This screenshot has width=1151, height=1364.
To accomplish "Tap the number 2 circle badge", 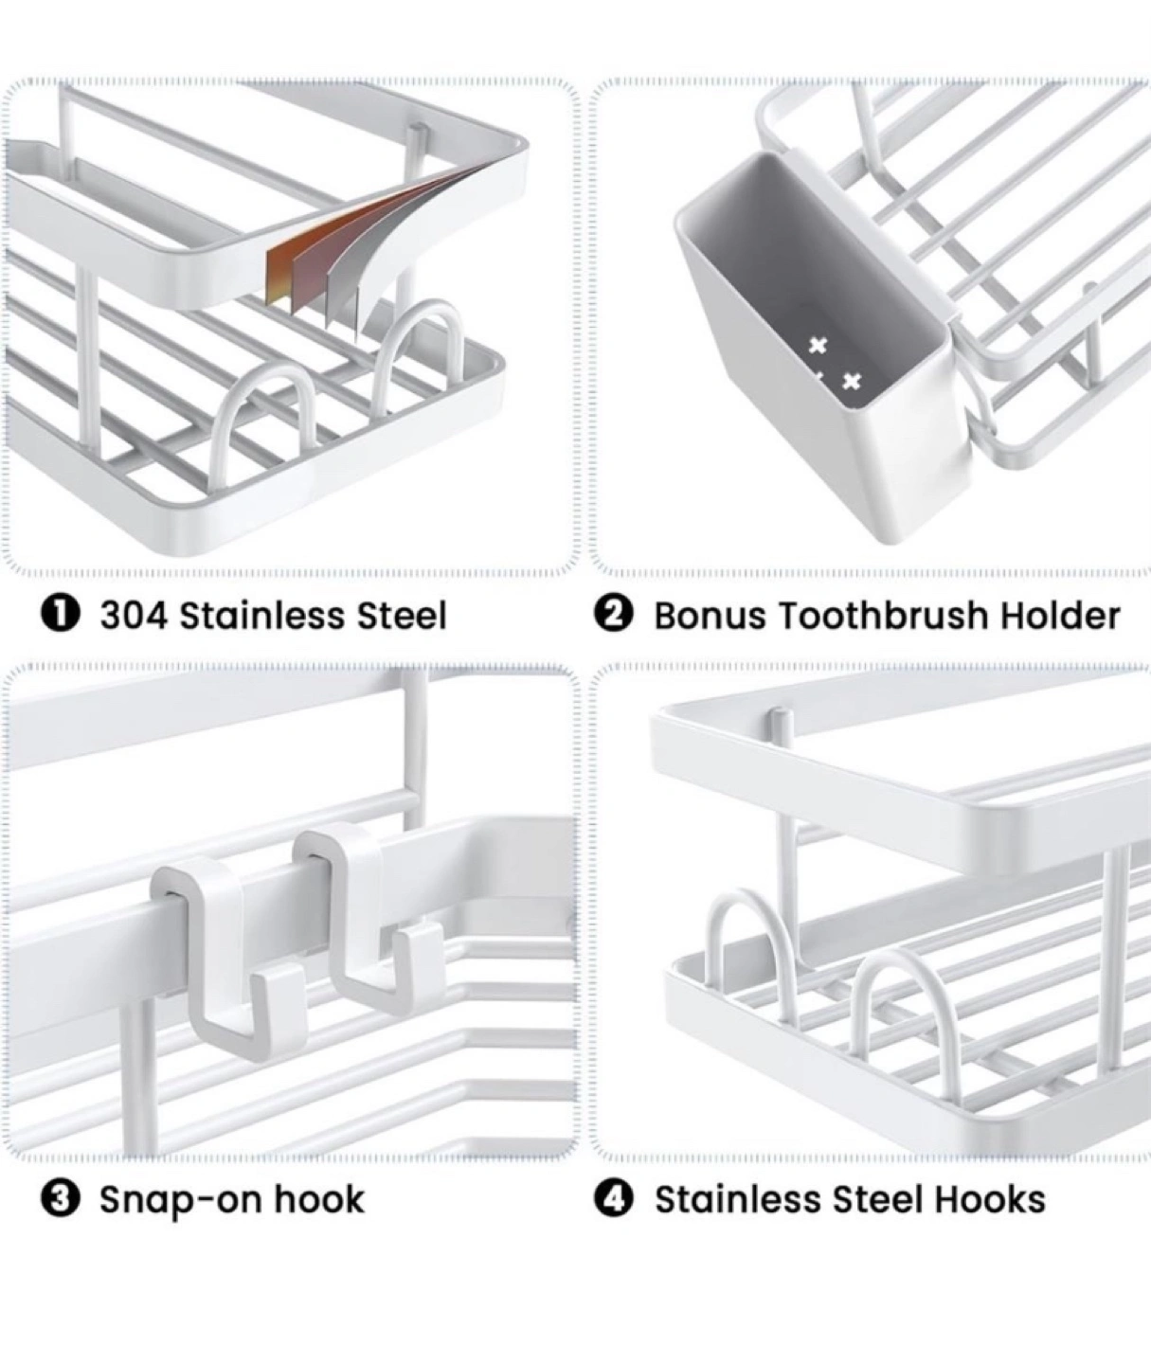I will [613, 615].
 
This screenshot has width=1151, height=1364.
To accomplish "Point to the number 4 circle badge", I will [613, 1199].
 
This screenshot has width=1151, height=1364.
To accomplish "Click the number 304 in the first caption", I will [134, 616].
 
